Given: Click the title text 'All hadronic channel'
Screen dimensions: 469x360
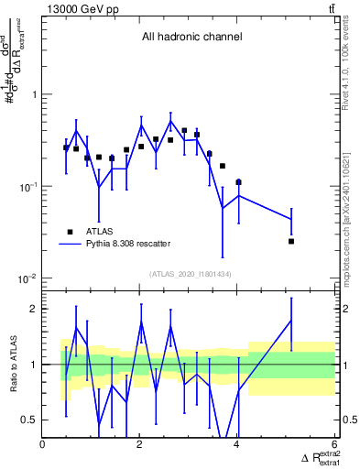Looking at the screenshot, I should click(191, 38).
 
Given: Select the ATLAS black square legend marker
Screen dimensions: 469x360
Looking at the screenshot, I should click(69, 232).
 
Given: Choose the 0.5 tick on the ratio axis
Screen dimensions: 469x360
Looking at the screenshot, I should click(29, 420).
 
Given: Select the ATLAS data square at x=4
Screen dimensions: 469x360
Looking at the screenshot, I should click(238, 182).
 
